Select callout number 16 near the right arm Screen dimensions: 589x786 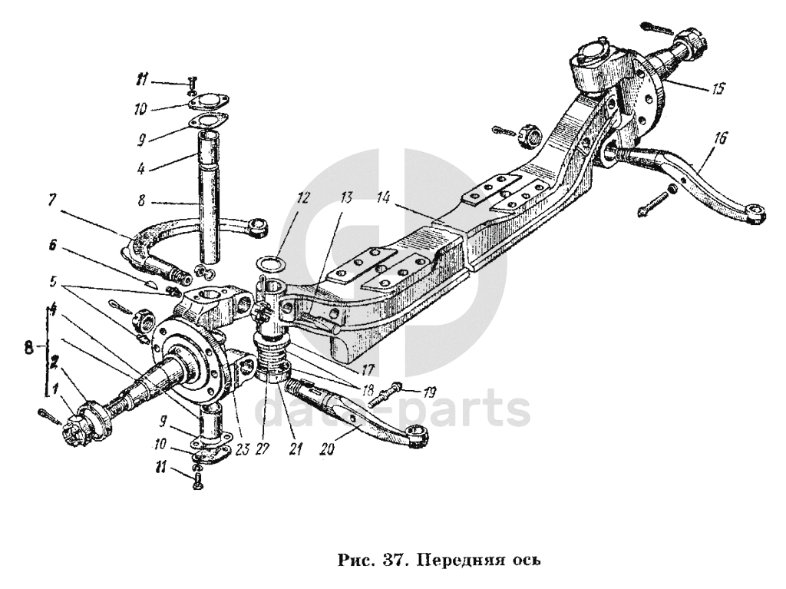(x=720, y=139)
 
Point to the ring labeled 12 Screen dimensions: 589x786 (x=267, y=266)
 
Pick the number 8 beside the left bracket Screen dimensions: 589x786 (x=29, y=347)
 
